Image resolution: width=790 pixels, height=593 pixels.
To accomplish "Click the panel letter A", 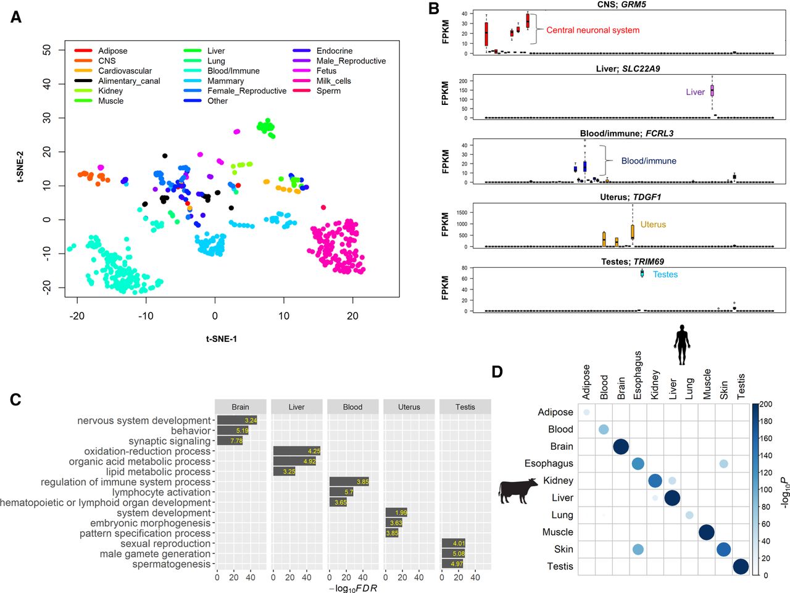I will coord(16,17).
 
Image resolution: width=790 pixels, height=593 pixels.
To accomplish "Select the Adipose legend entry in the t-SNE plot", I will coord(112,51).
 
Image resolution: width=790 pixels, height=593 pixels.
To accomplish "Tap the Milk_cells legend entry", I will coord(333,81).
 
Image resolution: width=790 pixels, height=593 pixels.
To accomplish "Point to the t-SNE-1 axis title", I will coord(221,339).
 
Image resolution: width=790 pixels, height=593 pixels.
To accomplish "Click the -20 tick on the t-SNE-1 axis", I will coord(77,316).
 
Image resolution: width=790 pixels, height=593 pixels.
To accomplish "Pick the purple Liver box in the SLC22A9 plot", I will coord(712,91).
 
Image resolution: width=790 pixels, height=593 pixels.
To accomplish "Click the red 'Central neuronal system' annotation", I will coord(592,30).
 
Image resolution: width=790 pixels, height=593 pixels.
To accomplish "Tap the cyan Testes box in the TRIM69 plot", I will coord(642,273).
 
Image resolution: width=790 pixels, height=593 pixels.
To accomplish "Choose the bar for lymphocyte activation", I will coord(341,492).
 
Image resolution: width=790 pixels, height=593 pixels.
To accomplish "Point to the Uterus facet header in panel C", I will coord(409,407).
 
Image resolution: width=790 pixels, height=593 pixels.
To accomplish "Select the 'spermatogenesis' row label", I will coord(171,564).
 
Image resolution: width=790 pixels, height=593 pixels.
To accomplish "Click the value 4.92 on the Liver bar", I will coord(309,462).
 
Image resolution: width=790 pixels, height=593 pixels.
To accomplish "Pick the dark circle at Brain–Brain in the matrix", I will coord(621,446).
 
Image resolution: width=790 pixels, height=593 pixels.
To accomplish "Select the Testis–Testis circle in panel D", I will coord(741,566).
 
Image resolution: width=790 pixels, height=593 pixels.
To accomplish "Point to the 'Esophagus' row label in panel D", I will coord(549,463).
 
